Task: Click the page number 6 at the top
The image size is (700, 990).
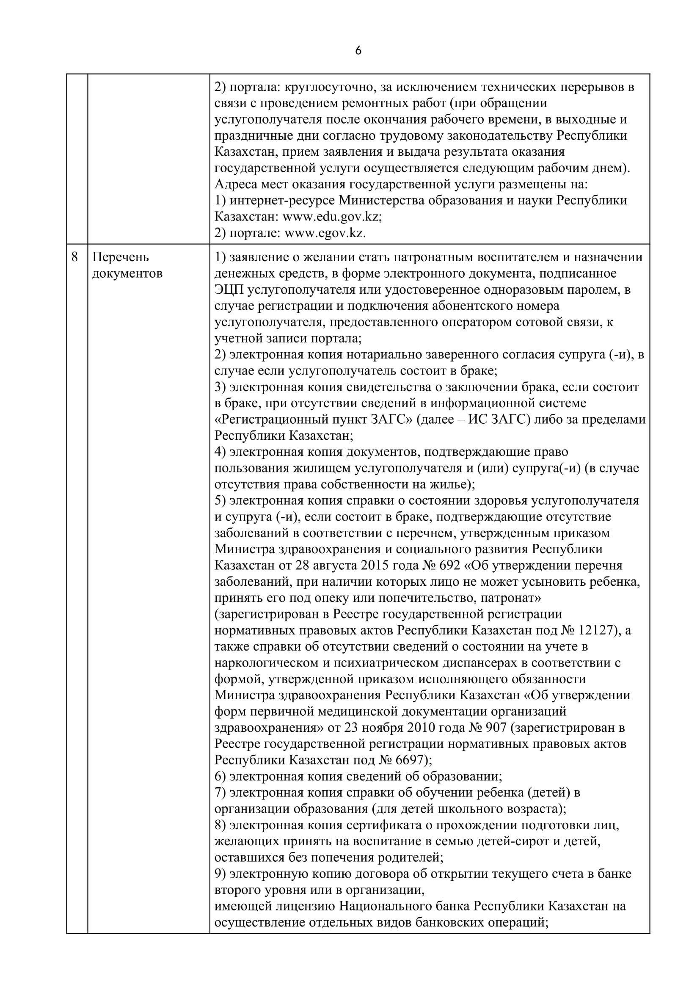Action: pos(358,51)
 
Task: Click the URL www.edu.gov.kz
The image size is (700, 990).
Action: pos(332,217)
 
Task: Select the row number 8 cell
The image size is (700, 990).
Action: pos(74,257)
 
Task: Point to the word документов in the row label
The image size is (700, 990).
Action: pos(127,273)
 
